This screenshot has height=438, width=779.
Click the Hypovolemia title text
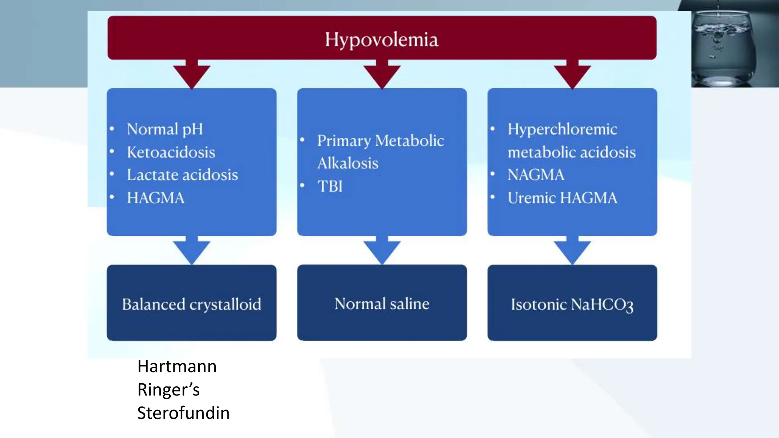[x=382, y=40]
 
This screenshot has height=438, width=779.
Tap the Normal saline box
[x=382, y=303]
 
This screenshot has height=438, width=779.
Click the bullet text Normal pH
[x=165, y=129]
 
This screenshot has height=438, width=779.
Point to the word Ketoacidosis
[x=171, y=152]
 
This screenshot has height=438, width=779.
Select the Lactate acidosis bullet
[x=182, y=175]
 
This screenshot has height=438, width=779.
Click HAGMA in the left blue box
[x=156, y=198]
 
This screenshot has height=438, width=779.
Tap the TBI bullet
[x=330, y=186]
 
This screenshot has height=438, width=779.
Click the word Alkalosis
[x=348, y=163]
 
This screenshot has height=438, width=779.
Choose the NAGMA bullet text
[x=536, y=175]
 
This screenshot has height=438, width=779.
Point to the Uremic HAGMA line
[x=562, y=198]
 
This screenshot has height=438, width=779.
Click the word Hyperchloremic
[x=562, y=129]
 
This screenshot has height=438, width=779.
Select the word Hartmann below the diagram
[x=177, y=367]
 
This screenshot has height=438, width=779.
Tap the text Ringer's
[x=169, y=390]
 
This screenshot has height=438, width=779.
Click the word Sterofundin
[x=183, y=413]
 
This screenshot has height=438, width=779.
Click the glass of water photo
[x=728, y=46]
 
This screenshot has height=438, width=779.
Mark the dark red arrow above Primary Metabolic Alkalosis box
[x=382, y=74]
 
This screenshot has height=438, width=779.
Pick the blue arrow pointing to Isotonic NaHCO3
[x=572, y=250]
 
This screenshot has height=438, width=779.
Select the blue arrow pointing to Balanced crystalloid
[x=191, y=250]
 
